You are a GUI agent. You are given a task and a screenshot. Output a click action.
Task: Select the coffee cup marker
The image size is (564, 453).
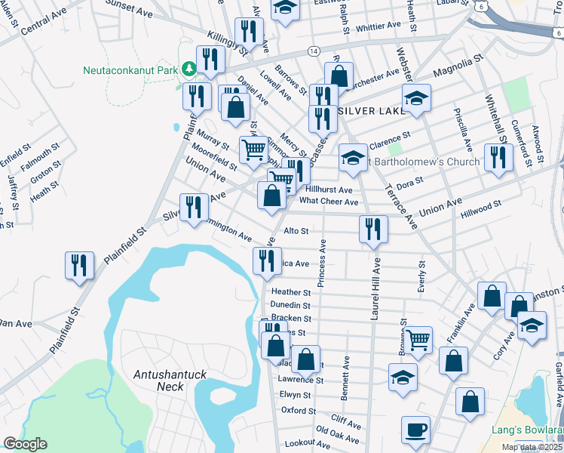click(415, 431)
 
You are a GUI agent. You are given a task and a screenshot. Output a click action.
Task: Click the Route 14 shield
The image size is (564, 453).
click(312, 50)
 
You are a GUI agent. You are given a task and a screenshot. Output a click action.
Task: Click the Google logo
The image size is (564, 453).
click(25, 444)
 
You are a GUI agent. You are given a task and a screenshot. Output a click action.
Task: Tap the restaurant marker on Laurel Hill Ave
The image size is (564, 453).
click(373, 230)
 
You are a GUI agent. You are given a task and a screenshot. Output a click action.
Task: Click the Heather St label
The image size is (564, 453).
click(291, 292)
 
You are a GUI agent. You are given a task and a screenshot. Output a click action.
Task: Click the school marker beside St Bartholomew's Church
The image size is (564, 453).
click(352, 158)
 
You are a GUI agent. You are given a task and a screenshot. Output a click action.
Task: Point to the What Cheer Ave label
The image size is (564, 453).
click(328, 202)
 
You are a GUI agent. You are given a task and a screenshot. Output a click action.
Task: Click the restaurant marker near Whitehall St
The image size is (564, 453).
click(498, 157)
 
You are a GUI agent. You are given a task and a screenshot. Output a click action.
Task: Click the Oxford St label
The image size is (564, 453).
click(297, 411)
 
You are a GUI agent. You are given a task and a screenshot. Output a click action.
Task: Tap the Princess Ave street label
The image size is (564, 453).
click(322, 263)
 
